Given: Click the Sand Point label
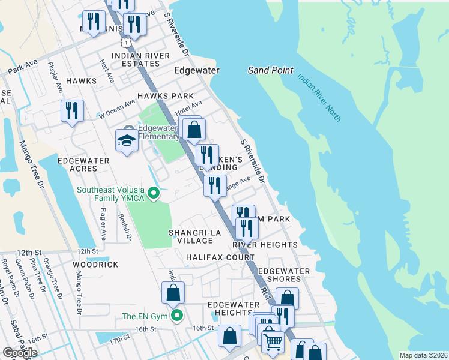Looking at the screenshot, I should pyautogui.click(x=270, y=70).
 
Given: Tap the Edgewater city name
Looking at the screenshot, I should pyautogui.click(x=196, y=70).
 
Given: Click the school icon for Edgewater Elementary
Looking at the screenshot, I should pyautogui.click(x=127, y=140).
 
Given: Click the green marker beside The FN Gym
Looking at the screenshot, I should pyautogui.click(x=176, y=316).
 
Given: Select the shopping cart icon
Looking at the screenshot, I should pyautogui.click(x=273, y=341).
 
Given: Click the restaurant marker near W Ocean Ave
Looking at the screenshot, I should pyautogui.click(x=72, y=110).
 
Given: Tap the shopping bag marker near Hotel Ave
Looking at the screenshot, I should pyautogui.click(x=194, y=129).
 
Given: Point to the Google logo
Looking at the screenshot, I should pyautogui.click(x=20, y=353).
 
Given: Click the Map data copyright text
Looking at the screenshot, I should pyautogui.click(x=423, y=355).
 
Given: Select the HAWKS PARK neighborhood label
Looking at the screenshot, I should pyautogui.click(x=165, y=96).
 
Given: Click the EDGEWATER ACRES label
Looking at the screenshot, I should pyautogui.click(x=83, y=165).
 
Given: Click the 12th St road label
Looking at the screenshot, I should pyautogui.click(x=87, y=251).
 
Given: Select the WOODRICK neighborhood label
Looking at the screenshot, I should pyautogui.click(x=95, y=264).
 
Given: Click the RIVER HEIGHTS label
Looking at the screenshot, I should pyautogui.click(x=265, y=245).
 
